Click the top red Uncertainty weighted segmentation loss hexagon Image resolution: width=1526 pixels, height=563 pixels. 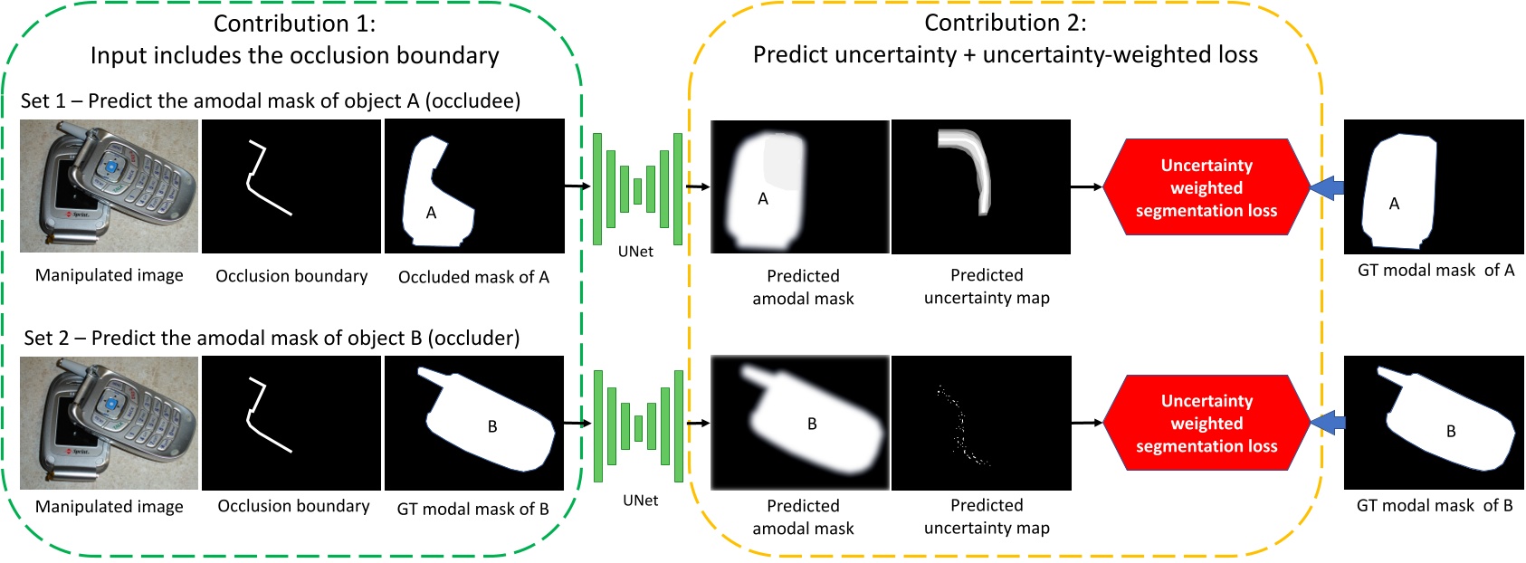point(1206,187)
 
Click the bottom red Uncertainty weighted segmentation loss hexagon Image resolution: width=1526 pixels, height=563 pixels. point(1206,423)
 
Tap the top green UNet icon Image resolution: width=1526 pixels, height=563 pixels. point(637,189)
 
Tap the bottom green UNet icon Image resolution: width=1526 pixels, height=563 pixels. point(637,425)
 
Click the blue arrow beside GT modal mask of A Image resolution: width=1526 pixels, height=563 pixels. point(1327,187)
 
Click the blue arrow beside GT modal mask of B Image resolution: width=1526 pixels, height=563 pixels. point(1327,422)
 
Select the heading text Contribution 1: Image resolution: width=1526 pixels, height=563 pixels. point(294,24)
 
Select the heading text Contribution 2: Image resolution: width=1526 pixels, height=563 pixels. point(1005,23)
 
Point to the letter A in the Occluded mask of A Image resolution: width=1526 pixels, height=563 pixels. point(431,213)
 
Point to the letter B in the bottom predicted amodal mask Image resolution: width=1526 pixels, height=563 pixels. point(812,424)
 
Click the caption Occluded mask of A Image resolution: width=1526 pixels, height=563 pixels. point(473,277)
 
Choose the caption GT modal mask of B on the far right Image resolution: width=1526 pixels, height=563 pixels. point(1434,506)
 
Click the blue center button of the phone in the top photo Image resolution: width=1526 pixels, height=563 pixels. point(111,167)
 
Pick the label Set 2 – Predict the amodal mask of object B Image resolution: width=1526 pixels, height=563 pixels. point(272,339)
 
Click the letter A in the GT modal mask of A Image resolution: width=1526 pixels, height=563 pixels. point(1394,205)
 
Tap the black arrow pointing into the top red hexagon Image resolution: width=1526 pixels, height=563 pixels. point(1086,187)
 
